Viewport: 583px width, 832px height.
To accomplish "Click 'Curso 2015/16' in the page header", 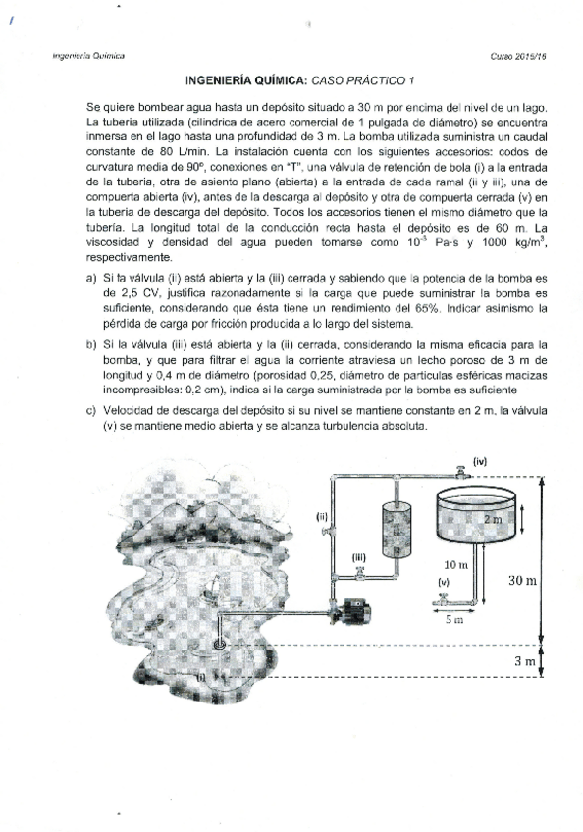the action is pos(516,57).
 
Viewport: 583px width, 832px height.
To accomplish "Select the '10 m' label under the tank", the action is pos(454,566).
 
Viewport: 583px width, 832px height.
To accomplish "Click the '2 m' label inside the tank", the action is pos(491,517).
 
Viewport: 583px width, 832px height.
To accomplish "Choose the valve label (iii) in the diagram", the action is pos(360,556).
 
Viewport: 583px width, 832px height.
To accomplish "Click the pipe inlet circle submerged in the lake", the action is pos(219,644).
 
